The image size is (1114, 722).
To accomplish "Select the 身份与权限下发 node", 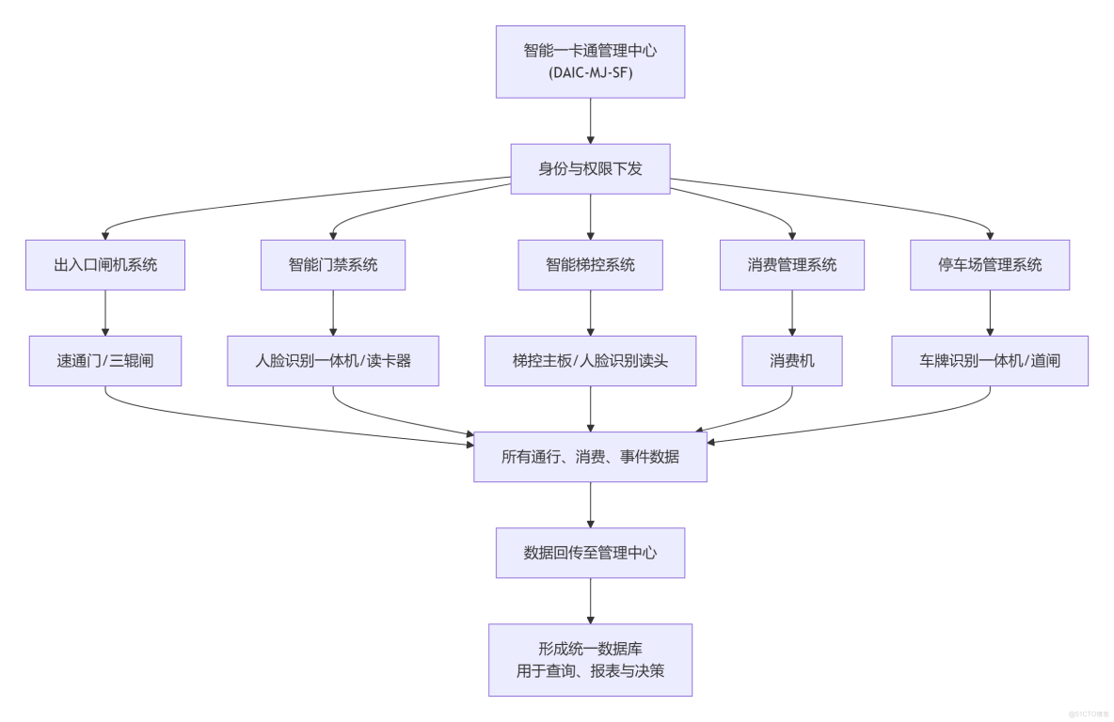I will click(x=590, y=169).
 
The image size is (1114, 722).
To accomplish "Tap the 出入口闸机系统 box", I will click(x=105, y=265).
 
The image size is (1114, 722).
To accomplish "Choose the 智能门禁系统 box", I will click(x=333, y=265).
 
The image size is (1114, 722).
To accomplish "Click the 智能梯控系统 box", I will click(x=590, y=265).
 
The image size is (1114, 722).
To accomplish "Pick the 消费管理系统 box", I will click(x=792, y=265).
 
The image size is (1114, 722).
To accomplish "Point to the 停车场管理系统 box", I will click(x=990, y=265).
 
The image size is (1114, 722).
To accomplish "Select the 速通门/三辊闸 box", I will click(x=105, y=361).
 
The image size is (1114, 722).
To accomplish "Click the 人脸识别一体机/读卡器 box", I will click(x=333, y=361).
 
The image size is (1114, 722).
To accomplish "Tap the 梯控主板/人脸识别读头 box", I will click(x=590, y=361).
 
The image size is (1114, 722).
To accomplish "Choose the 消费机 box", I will click(x=792, y=361).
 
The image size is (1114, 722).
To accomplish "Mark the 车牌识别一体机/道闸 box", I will click(x=990, y=361).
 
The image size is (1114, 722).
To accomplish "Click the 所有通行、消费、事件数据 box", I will click(x=590, y=457).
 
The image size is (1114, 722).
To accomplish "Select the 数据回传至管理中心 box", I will click(x=590, y=553).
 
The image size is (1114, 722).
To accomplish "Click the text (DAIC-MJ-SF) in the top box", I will click(x=590, y=71).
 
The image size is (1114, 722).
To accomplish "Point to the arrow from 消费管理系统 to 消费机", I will click(x=792, y=313).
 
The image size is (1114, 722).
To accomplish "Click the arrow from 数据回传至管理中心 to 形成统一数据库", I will click(x=590, y=601).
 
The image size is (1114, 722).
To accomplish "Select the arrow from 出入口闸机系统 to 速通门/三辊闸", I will click(x=105, y=313).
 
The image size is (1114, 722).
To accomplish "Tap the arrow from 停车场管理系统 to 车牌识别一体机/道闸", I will click(x=990, y=313).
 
